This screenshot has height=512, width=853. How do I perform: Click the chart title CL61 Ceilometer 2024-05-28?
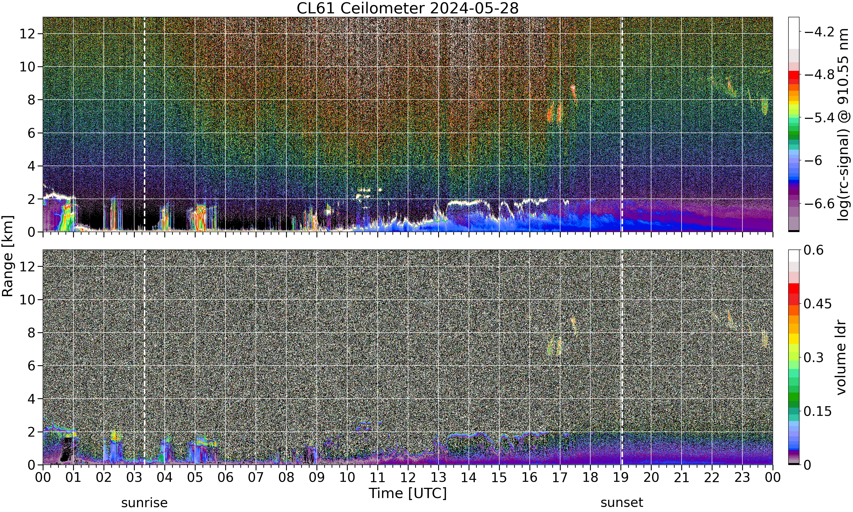[407, 8]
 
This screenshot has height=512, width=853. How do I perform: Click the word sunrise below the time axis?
[144, 503]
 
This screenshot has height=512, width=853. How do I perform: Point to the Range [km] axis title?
[8, 256]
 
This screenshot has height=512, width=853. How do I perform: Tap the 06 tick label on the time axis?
[225, 478]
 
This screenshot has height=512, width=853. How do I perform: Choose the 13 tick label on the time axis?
[438, 478]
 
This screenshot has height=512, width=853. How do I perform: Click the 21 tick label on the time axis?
[682, 478]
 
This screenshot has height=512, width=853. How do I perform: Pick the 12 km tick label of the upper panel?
[27, 34]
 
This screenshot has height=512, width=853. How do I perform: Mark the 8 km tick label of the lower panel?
[32, 333]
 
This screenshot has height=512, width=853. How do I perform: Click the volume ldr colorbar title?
[842, 358]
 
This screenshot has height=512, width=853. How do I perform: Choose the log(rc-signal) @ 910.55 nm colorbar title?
[843, 125]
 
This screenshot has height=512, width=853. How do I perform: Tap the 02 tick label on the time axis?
[104, 478]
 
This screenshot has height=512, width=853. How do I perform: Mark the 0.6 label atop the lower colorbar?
[814, 250]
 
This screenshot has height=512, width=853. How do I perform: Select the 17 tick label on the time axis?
[560, 478]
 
